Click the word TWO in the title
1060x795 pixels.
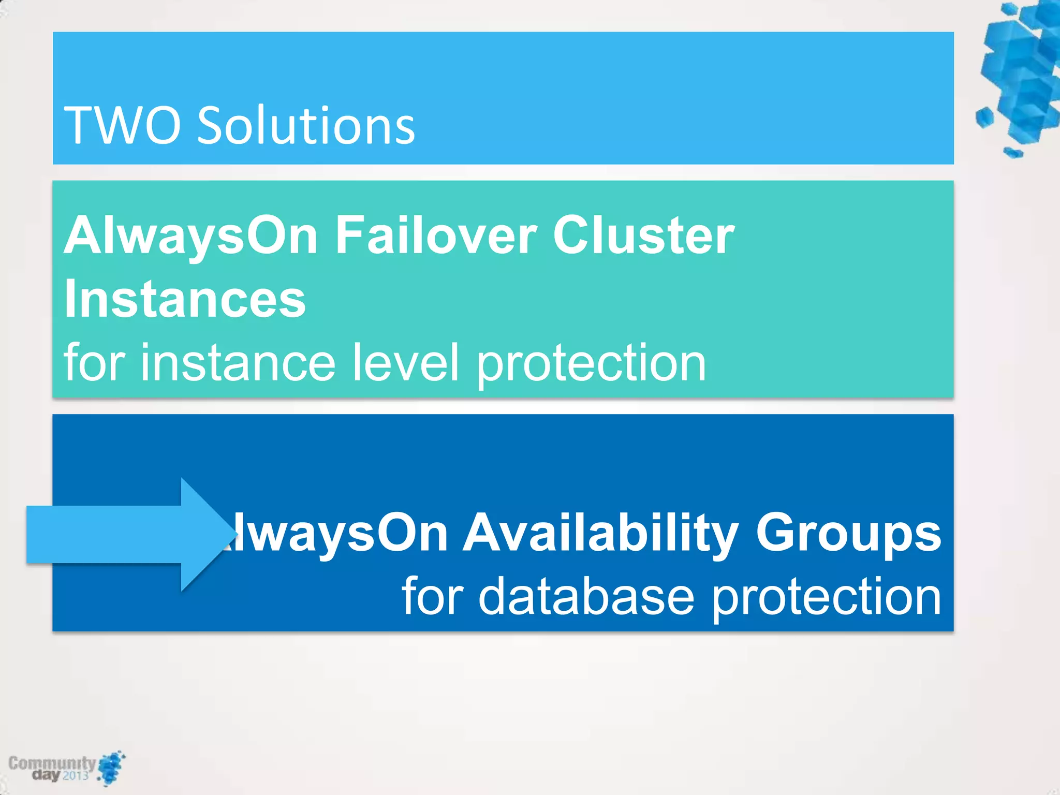(x=122, y=125)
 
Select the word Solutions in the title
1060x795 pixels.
(x=306, y=125)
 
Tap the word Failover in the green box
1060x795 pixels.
(x=436, y=235)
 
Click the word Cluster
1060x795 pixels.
(x=643, y=235)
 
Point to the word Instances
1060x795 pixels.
(x=185, y=299)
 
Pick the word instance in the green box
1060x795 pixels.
(x=238, y=363)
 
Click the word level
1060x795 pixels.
(x=405, y=363)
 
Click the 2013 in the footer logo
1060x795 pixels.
(x=76, y=775)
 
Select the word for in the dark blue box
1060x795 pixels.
(x=432, y=597)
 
